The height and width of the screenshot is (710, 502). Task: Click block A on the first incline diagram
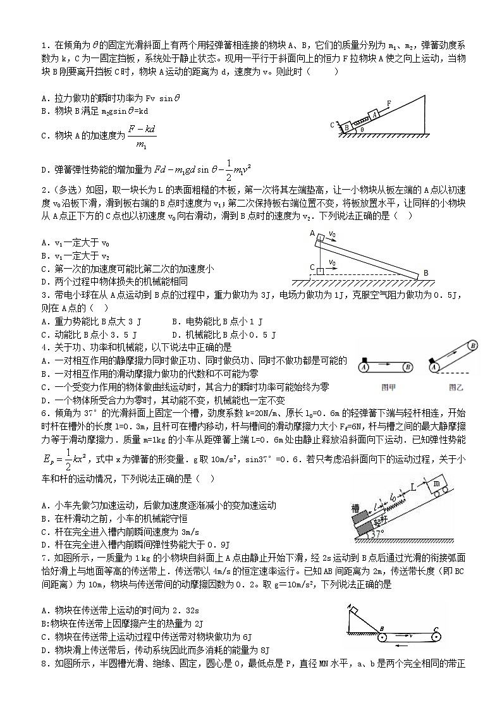pos(375,114)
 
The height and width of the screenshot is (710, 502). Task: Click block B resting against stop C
pos(347,126)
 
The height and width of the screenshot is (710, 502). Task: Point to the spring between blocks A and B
pos(360,120)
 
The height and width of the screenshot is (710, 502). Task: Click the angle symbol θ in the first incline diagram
pos(362,128)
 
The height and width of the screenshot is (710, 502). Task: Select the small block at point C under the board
pos(320,271)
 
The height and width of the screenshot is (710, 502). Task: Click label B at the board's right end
pos(425,272)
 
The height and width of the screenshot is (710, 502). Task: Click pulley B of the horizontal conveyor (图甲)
pos(409,366)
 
